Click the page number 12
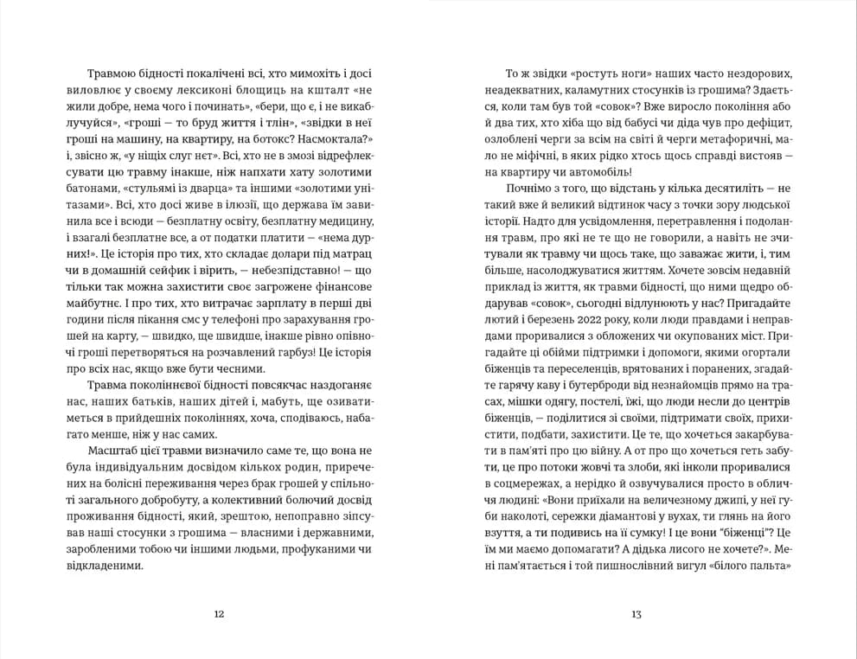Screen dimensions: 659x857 pyautogui.click(x=219, y=615)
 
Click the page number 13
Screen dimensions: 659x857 pyautogui.click(x=636, y=615)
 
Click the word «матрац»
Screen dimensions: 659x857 pyautogui.click(x=355, y=258)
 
